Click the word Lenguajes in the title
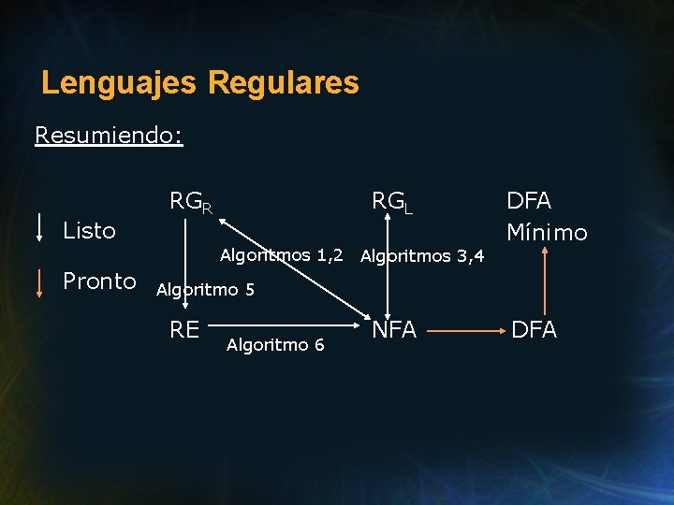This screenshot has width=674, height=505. pos(119,82)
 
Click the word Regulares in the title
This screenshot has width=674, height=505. pos(284,82)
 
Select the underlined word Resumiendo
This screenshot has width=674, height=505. pos(109,136)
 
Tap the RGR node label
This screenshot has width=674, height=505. pos(190,202)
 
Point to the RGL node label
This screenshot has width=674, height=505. pos(392,202)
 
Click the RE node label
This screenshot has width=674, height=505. pos(184,329)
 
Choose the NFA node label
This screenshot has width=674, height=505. pos(394,329)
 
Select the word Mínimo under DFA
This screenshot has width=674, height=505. pos(547,232)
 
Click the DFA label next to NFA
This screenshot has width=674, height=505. pos(534,329)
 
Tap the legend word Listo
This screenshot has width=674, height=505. pos(89,230)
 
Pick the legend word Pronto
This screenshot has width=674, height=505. pos(99,281)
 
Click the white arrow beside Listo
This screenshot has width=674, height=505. pos(39,227)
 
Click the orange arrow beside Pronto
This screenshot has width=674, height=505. pos(39,281)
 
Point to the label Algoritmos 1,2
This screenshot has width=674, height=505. pos(281,255)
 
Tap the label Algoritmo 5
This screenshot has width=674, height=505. pos(205,290)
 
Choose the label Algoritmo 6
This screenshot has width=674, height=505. pos(275,345)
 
